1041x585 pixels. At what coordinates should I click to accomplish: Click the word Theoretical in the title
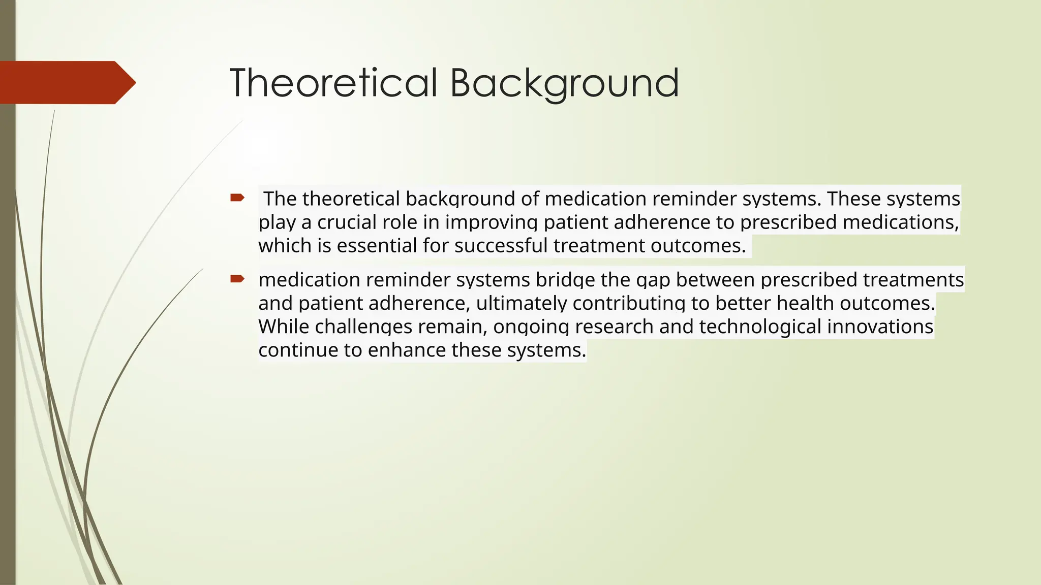point(333,83)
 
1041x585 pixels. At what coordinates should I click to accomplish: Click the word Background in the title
point(564,83)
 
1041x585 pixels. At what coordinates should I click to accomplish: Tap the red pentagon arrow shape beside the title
point(66,82)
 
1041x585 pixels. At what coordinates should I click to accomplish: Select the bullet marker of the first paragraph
point(237,198)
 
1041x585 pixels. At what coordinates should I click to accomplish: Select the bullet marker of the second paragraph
point(237,278)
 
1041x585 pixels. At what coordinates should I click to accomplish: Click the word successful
point(501,246)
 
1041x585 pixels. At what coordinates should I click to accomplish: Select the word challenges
point(363,327)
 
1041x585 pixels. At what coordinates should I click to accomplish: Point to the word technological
point(760,327)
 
